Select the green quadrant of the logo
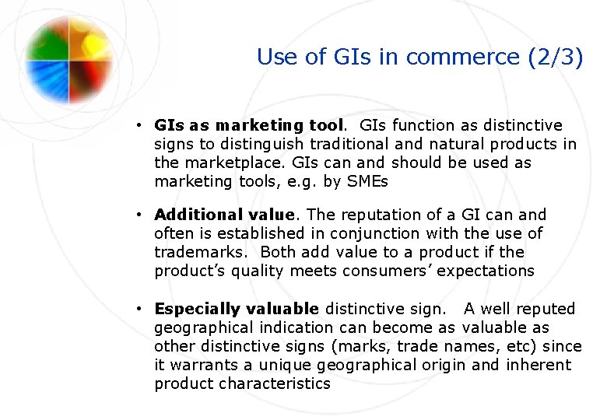pyautogui.click(x=49, y=39)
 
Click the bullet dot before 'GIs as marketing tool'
pyautogui.click(x=136, y=125)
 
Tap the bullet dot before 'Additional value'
pyautogui.click(x=136, y=215)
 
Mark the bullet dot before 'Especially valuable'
pyautogui.click(x=136, y=309)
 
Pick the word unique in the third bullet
pyautogui.click(x=289, y=365)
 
